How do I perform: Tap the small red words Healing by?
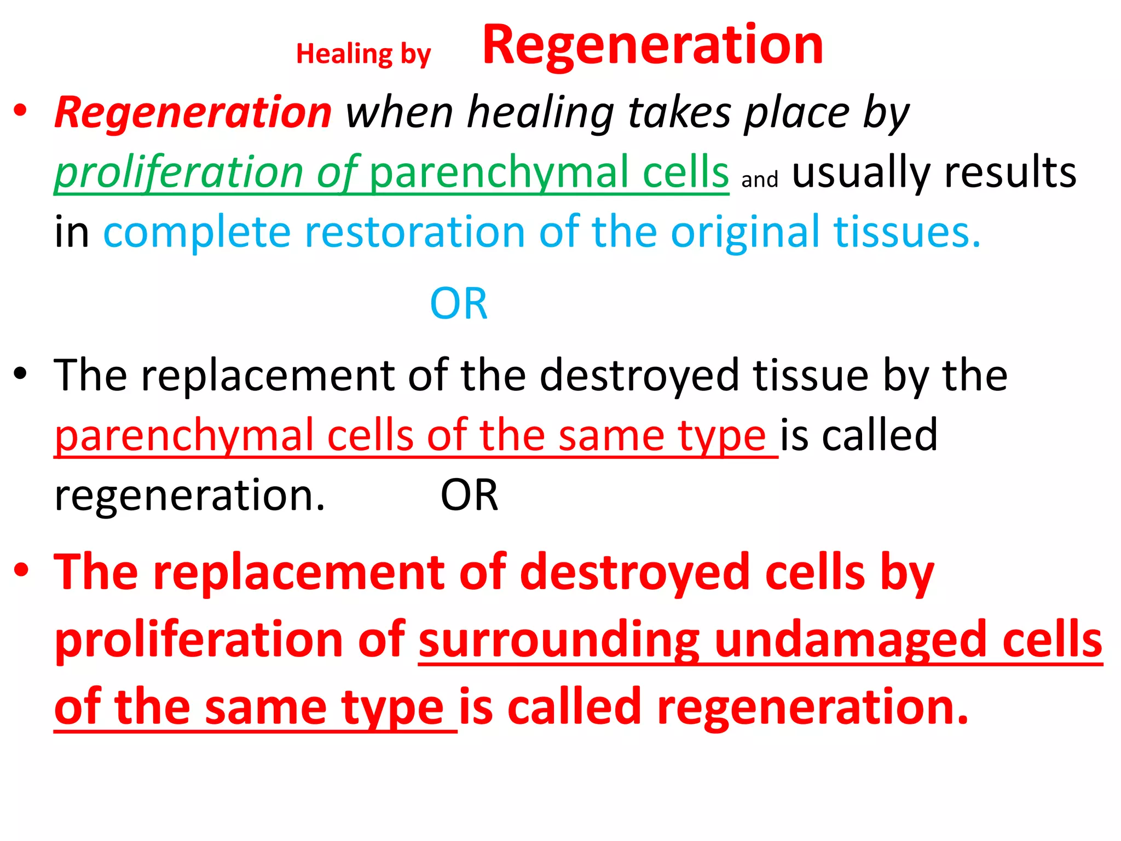363,54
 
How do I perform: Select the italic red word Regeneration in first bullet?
193,113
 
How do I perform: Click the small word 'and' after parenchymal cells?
760,180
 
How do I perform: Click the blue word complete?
197,232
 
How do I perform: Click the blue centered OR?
459,304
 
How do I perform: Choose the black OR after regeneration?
470,496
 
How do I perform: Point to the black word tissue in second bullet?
811,376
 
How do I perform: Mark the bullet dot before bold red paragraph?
21,571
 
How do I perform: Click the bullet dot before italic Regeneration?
21,111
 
